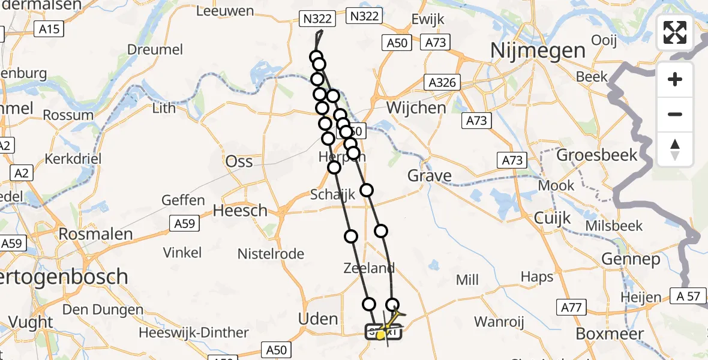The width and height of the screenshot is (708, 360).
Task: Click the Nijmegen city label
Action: coord(529,50)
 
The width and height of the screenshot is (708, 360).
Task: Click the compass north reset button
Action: coord(675,149)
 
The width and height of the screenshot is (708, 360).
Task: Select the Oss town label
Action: coord(239,161)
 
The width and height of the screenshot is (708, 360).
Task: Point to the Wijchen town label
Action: coord(417,108)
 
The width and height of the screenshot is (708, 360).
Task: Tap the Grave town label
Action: coord(430,176)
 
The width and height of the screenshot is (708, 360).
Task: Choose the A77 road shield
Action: coord(572,308)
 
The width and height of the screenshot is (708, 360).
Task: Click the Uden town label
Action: coord(318,319)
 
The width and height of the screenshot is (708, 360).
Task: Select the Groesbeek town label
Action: coord(597,155)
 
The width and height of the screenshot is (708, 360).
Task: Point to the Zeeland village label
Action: coord(369,268)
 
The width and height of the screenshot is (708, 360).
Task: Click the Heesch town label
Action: coord(241,211)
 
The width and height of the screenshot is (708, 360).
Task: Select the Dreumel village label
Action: coord(155,50)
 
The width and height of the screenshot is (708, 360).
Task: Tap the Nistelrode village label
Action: coord(271,254)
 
